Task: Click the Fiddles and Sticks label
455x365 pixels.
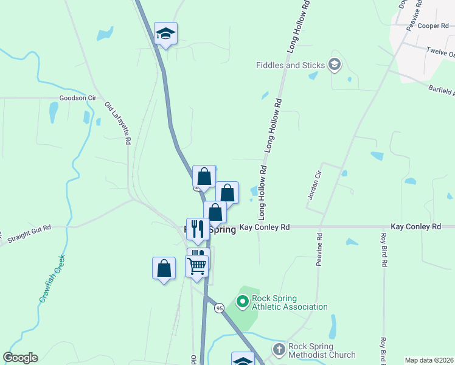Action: pos(290,65)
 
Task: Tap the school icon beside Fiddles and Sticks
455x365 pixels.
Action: pos(333,64)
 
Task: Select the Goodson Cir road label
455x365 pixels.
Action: pos(78,97)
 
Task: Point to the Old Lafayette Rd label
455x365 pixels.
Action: pos(118,122)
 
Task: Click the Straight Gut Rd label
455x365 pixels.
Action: pos(28,233)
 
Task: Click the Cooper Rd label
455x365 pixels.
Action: pos(432,26)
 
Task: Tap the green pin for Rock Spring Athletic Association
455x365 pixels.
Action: pos(242,301)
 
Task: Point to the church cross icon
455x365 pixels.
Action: pos(279,350)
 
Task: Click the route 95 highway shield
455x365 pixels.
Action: pos(219,308)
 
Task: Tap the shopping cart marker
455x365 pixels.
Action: pos(197,266)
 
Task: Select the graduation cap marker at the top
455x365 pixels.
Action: pos(165,33)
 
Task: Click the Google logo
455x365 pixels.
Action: pos(20,358)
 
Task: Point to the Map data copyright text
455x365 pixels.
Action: pos(429,360)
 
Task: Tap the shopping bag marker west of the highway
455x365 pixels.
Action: pos(164,268)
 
